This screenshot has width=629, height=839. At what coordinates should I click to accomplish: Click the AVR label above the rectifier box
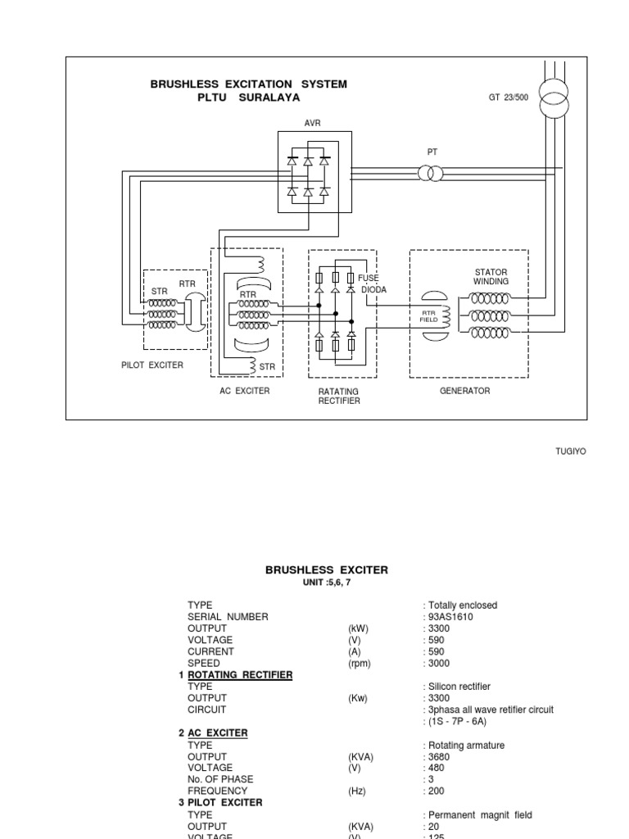click(x=314, y=123)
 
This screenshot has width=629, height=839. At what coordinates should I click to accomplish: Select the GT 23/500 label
click(x=509, y=97)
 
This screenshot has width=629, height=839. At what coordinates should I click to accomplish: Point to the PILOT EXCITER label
click(x=152, y=365)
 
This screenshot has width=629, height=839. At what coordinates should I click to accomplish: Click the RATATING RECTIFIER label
click(x=339, y=397)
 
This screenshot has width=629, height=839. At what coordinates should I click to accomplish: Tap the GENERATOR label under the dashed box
click(x=464, y=391)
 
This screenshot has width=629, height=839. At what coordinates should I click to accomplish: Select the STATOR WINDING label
click(x=491, y=277)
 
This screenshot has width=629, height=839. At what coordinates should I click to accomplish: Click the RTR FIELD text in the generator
click(x=430, y=316)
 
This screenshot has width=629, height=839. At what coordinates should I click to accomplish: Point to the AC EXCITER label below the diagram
click(x=244, y=391)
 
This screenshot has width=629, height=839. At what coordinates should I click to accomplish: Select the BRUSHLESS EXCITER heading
click(x=327, y=569)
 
